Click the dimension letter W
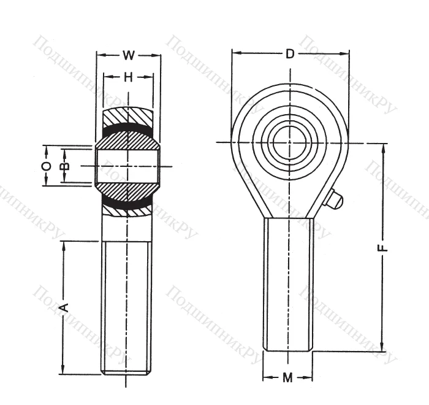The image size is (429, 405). click(128, 55)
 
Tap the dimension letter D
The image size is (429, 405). click(290, 54)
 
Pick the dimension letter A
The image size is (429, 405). click(63, 306)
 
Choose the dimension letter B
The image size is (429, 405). click(66, 166)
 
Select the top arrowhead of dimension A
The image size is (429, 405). click(63, 245)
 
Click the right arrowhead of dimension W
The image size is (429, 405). click(158, 55)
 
